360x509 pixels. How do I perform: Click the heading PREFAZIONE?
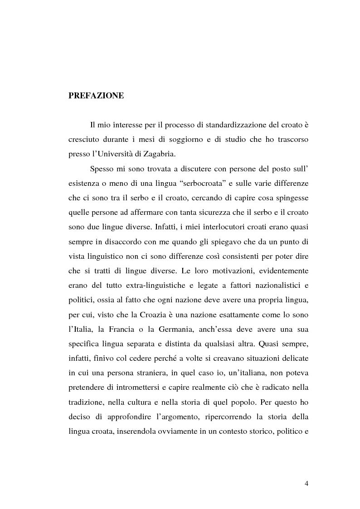click(96, 96)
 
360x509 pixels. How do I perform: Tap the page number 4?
click(306, 483)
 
